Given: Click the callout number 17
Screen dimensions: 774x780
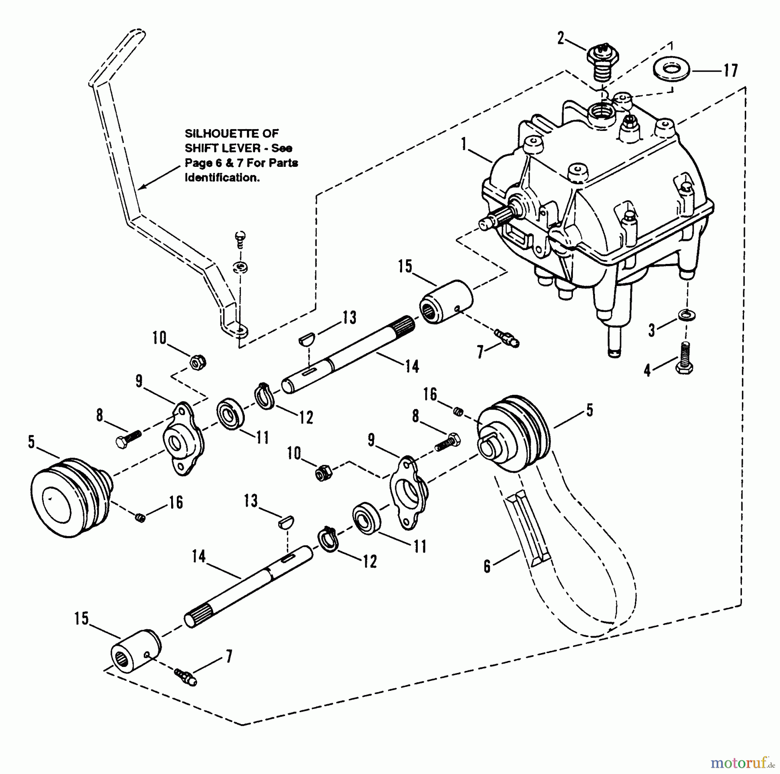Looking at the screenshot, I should (731, 70).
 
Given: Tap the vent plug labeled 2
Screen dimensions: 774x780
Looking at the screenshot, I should (603, 62).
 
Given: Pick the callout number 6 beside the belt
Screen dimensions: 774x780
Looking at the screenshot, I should (487, 566).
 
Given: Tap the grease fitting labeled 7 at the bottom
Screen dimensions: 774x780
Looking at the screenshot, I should (186, 677).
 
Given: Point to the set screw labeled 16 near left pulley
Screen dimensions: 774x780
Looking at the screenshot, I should (140, 517).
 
